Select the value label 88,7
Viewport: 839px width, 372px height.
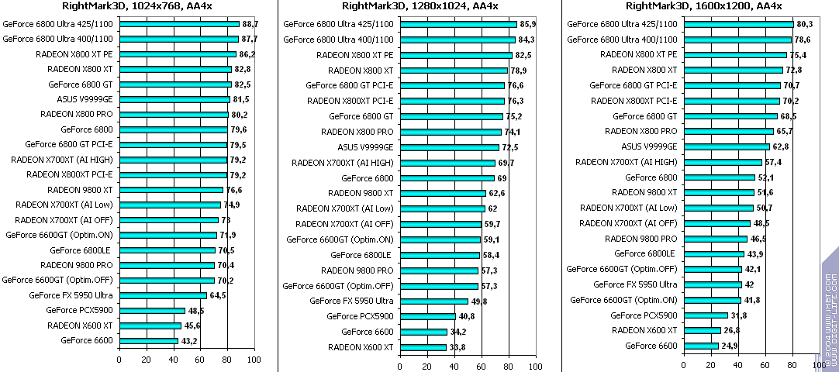pos(250,25)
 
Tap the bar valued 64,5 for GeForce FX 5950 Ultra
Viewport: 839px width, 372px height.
pos(163,295)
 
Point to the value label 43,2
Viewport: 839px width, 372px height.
pos(189,341)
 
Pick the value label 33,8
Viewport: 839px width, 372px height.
pos(458,347)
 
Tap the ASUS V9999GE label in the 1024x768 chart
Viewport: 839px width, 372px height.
pos(85,99)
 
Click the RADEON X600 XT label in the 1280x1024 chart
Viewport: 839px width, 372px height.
pos(361,347)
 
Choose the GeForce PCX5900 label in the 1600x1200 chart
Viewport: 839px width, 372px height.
pos(644,315)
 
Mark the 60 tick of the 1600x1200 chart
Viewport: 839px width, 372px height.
pos(765,365)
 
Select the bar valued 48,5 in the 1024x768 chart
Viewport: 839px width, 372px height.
pos(152,311)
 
